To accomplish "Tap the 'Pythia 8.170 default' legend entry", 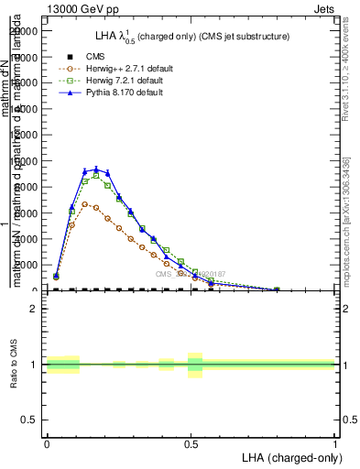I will coord(125,93).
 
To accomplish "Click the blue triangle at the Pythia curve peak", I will coord(96,169).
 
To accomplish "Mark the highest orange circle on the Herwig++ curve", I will coord(96,206).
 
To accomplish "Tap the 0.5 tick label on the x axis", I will coord(191,444).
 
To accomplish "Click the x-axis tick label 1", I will coord(335,444).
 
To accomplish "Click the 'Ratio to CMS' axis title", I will coord(14,365).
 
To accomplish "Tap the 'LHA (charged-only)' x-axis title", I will coord(286,457).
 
